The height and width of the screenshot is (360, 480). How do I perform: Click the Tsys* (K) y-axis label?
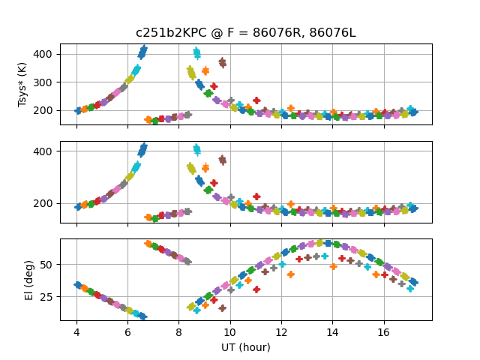tap(24, 85)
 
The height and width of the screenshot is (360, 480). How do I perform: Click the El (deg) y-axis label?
tap(30, 279)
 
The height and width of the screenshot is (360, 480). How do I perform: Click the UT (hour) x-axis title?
tap(245, 347)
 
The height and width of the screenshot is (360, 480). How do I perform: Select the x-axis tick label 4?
tap(76, 331)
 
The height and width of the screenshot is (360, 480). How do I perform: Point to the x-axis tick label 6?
tap(127, 331)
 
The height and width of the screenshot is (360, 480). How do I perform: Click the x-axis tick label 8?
tap(179, 331)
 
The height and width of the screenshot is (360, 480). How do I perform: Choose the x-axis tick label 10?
tap(230, 331)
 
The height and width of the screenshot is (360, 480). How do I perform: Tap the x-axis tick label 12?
tap(281, 331)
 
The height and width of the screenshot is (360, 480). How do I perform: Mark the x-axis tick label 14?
tap(333, 331)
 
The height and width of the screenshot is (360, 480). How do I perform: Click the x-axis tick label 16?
tap(384, 331)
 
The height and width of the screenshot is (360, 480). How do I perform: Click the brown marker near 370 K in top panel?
tap(222, 62)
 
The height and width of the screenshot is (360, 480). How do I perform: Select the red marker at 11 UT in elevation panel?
tap(256, 289)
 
